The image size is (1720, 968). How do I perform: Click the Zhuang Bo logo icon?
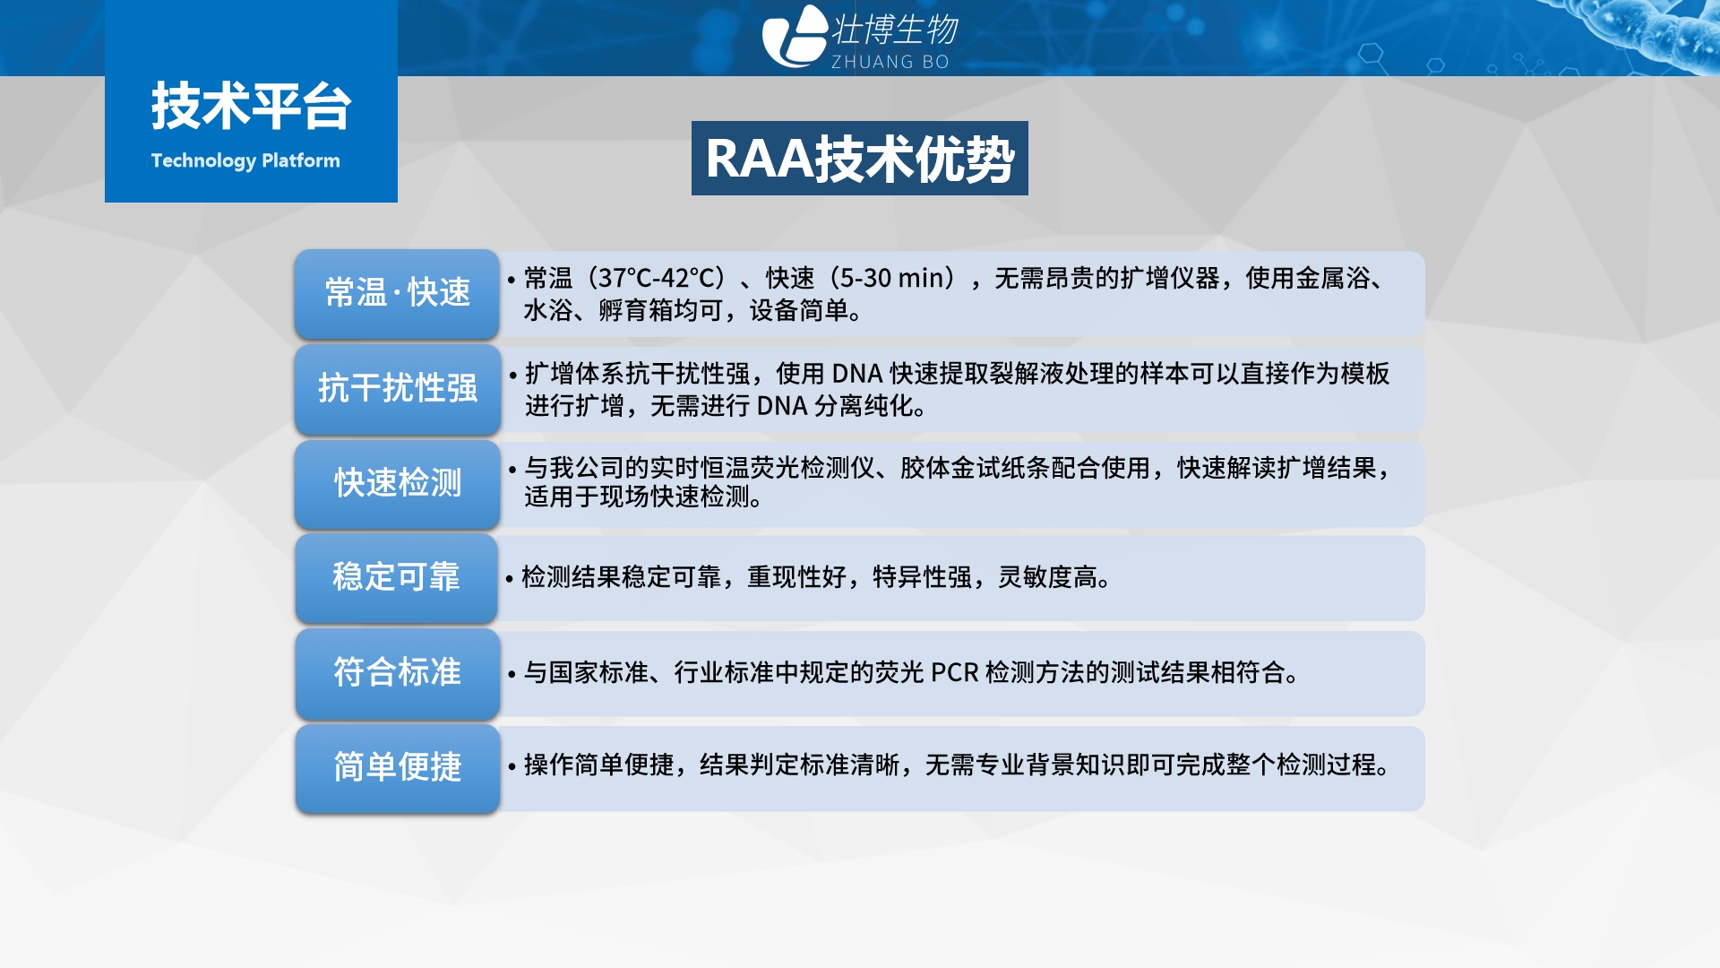[x=795, y=36]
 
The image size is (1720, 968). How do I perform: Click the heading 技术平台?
[x=251, y=106]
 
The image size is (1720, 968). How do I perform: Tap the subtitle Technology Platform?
[x=245, y=160]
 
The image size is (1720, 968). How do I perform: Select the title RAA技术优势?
[x=860, y=159]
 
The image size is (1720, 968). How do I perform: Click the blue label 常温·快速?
[x=397, y=293]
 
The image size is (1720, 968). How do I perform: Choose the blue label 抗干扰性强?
[x=397, y=388]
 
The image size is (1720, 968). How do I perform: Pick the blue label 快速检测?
[x=397, y=483]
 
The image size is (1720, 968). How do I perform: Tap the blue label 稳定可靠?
[x=397, y=577]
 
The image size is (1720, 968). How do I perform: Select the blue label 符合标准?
[x=397, y=672]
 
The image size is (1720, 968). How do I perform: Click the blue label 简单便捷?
[x=397, y=767]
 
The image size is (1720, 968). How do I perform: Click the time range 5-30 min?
[x=892, y=279]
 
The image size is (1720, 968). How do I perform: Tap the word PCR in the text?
[x=954, y=672]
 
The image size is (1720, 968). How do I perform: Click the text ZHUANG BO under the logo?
[x=890, y=62]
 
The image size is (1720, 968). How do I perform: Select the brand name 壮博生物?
[x=895, y=30]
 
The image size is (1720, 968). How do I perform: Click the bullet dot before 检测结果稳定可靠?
[x=509, y=579]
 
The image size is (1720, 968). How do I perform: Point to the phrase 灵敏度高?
[x=1047, y=577]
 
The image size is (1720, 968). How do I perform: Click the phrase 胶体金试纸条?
[x=975, y=468]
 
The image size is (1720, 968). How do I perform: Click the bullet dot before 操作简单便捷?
[x=512, y=766]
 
